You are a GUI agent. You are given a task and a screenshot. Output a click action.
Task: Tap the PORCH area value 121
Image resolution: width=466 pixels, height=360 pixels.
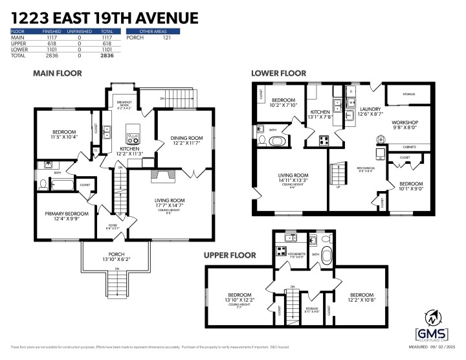pyautogui.click(x=166, y=38)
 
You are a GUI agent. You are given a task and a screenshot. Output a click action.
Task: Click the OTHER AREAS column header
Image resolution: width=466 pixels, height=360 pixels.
pyautogui.click(x=152, y=31)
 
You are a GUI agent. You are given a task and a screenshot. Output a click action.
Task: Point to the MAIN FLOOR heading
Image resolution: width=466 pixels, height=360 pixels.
pyautogui.click(x=58, y=74)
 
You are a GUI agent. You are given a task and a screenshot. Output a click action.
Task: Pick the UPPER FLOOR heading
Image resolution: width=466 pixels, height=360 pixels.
pyautogui.click(x=229, y=254)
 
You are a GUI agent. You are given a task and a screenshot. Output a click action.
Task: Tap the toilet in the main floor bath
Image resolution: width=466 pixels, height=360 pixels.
pyautogui.click(x=43, y=184)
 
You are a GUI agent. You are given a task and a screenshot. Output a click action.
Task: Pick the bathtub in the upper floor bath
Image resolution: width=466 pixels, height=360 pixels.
pyautogui.click(x=326, y=254)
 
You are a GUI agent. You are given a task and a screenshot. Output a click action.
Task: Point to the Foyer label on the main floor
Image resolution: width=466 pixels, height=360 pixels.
pyautogui.click(x=113, y=226)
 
